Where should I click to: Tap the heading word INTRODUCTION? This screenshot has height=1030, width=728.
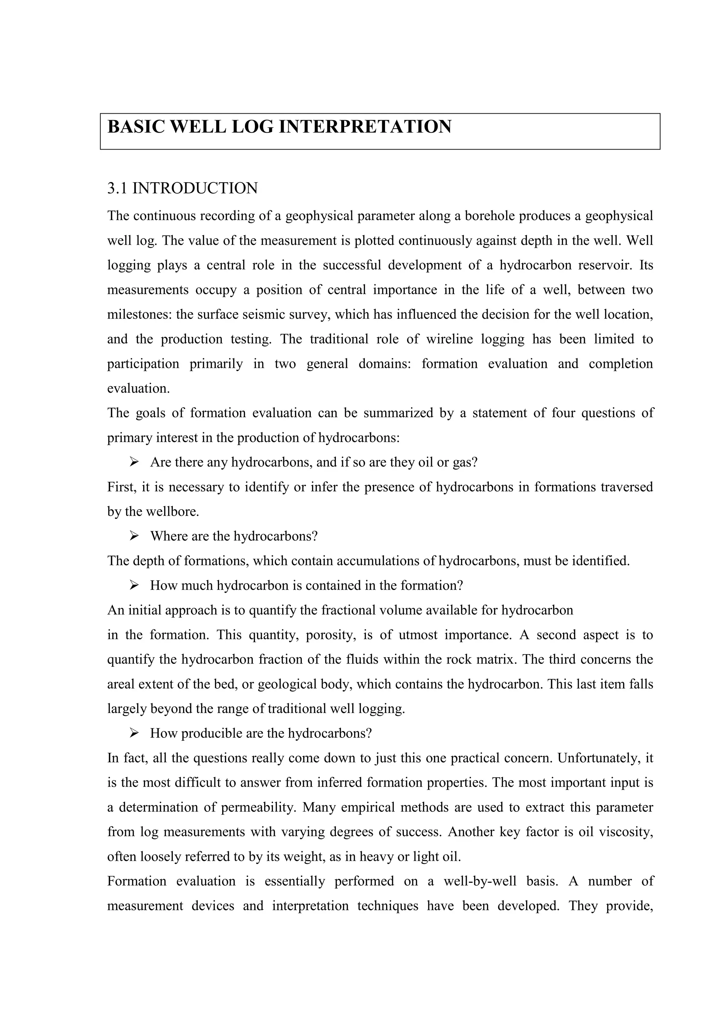pos(195,188)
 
